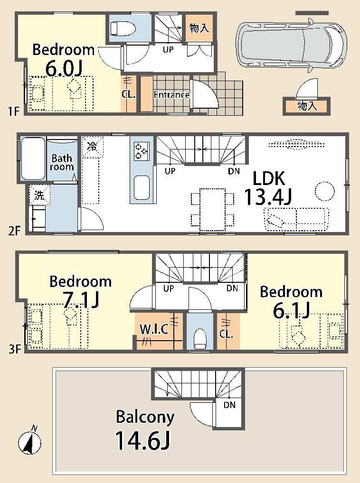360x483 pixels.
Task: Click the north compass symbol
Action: (x=29, y=442)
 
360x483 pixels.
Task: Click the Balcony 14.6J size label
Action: (x=142, y=440)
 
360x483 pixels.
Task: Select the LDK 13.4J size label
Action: (x=268, y=196)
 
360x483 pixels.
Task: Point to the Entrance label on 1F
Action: (x=171, y=94)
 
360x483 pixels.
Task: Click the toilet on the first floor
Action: (x=123, y=28)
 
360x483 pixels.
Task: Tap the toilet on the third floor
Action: (x=200, y=339)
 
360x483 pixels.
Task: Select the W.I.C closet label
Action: (x=154, y=329)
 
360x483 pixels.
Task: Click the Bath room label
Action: (x=62, y=163)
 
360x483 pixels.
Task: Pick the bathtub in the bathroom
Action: (x=33, y=158)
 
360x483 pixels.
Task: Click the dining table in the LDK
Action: (x=212, y=209)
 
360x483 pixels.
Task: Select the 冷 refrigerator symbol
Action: (x=93, y=147)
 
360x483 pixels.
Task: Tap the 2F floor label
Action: (x=14, y=231)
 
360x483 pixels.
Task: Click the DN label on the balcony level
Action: (x=229, y=405)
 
